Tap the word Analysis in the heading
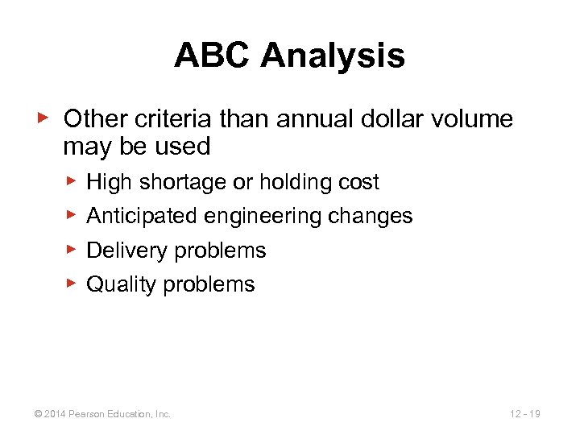(x=333, y=56)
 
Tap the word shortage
(x=183, y=182)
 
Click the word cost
(x=358, y=182)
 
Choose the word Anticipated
(x=142, y=216)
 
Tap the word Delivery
(x=125, y=251)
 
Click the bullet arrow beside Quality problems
(x=71, y=283)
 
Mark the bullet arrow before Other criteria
(x=44, y=118)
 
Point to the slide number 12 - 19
(x=524, y=414)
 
